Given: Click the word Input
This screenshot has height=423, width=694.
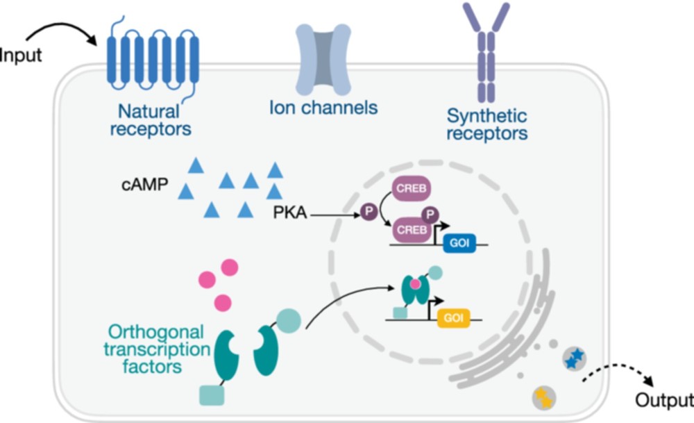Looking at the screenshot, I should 21,55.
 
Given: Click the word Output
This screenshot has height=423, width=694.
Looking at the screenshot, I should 664,400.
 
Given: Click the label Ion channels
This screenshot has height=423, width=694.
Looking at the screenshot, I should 323,108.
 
